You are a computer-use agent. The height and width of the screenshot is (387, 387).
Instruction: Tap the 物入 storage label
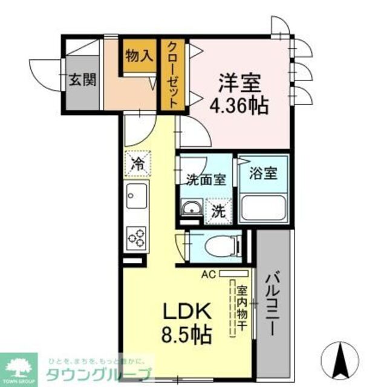click(x=138, y=56)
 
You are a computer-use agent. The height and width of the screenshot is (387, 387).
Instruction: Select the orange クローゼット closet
click(x=174, y=74)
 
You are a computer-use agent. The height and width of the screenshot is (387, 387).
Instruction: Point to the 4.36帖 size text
click(x=239, y=107)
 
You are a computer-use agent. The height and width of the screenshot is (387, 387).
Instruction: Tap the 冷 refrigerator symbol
click(x=138, y=162)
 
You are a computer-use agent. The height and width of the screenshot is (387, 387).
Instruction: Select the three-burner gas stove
click(x=137, y=236)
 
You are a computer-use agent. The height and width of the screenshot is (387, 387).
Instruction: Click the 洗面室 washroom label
click(x=206, y=179)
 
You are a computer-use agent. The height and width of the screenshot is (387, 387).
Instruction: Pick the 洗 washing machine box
click(x=218, y=211)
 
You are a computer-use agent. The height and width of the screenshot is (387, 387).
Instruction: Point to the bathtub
click(x=264, y=209)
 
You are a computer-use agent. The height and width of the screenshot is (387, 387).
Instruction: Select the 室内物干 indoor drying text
click(x=241, y=308)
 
